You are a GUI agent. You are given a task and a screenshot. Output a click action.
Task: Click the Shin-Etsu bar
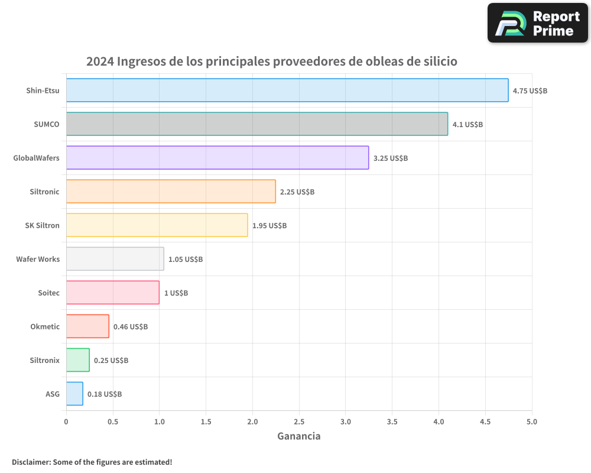point(287,90)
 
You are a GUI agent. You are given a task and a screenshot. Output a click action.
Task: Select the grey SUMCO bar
point(257,124)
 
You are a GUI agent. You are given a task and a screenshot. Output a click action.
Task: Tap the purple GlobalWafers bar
point(217,158)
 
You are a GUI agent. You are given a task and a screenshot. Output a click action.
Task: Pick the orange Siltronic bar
point(171,192)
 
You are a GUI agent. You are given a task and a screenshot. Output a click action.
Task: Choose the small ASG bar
point(74,394)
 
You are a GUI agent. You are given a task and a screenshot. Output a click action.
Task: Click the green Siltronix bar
point(78,360)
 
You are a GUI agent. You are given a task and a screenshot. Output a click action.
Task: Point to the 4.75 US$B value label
point(530,91)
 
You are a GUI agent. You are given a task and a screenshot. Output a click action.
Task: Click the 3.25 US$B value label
point(390,158)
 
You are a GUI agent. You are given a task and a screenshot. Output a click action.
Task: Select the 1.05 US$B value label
point(185,260)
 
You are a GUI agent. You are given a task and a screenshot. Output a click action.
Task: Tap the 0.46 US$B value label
point(130,327)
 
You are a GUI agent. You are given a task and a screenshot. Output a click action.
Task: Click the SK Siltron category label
point(42,225)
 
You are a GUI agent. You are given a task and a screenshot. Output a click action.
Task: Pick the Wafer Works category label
point(38,259)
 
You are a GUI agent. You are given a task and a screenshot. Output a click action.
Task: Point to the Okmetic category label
point(45,326)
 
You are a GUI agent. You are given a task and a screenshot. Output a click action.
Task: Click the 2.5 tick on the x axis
point(299,422)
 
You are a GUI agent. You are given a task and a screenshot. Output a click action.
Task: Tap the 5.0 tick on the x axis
point(531,422)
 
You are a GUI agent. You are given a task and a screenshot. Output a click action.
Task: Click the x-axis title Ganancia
point(299,436)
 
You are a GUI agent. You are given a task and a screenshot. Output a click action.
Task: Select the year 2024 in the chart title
point(100,61)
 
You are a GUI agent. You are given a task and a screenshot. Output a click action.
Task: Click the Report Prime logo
point(537,23)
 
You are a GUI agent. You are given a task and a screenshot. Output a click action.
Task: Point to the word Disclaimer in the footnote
point(31,462)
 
